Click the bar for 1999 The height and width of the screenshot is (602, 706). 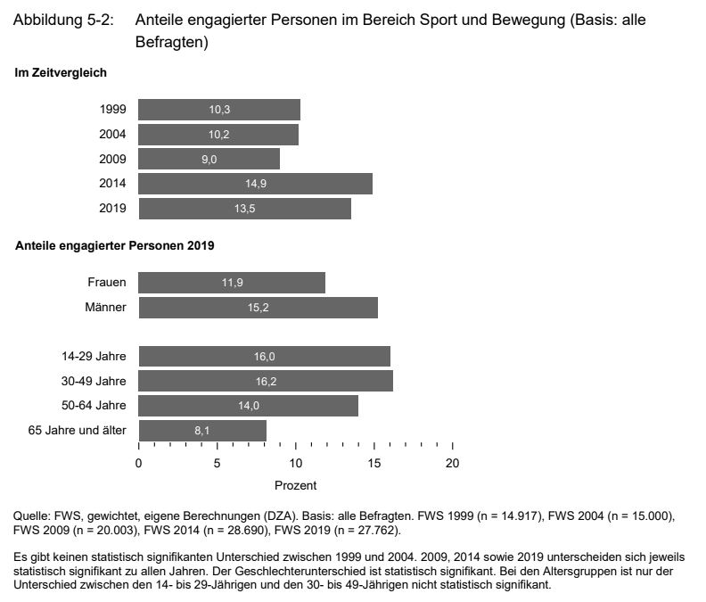pyautogui.click(x=219, y=110)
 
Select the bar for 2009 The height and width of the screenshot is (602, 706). pyautogui.click(x=209, y=160)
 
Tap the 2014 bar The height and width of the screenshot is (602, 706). pyautogui.click(x=255, y=185)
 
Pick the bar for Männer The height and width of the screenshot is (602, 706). pyautogui.click(x=258, y=308)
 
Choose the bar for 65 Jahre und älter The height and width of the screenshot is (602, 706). pyautogui.click(x=202, y=431)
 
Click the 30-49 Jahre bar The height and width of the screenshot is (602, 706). pyautogui.click(x=266, y=381)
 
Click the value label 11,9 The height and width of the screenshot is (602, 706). pyautogui.click(x=232, y=283)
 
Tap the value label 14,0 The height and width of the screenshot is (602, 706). pyautogui.click(x=249, y=406)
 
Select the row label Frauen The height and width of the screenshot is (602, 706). pyautogui.click(x=107, y=283)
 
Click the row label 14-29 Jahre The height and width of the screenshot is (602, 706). pyautogui.click(x=94, y=357)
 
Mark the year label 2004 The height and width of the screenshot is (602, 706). pyautogui.click(x=113, y=135)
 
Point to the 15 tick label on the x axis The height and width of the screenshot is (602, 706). pyautogui.click(x=374, y=463)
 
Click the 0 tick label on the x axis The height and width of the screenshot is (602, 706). pyautogui.click(x=139, y=463)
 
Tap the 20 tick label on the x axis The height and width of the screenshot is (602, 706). pyautogui.click(x=453, y=463)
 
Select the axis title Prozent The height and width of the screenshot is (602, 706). pyautogui.click(x=295, y=486)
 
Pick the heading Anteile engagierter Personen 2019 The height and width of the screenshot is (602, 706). pyautogui.click(x=115, y=244)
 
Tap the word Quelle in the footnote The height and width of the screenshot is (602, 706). pyautogui.click(x=30, y=516)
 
